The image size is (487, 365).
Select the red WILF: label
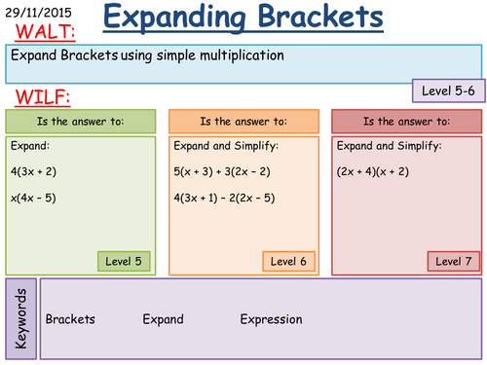coord(37,97)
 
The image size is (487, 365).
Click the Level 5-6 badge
coord(448,91)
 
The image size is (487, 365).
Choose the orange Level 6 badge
coord(289,261)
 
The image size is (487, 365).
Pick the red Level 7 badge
coord(453,261)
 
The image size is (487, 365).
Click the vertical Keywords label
coord(21,318)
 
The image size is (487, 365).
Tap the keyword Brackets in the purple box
coord(70,319)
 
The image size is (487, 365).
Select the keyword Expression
coord(271,319)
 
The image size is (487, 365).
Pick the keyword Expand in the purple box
coord(163,319)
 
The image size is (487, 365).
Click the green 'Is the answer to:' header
coord(80,122)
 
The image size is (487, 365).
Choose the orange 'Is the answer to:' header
coord(243,122)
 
